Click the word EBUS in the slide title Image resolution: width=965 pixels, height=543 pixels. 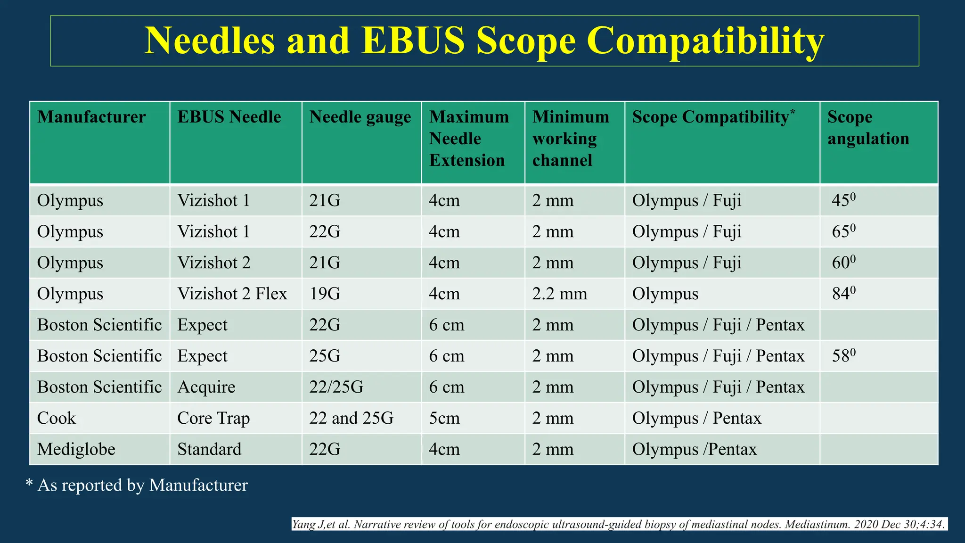[x=413, y=41]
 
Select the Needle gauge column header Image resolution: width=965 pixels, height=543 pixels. [x=360, y=117]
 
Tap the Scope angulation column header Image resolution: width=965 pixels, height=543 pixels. [x=868, y=128]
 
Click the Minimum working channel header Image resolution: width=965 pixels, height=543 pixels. [x=571, y=139]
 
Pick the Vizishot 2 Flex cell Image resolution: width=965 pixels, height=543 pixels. [x=232, y=294]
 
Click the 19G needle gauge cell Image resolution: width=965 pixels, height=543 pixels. [x=325, y=294]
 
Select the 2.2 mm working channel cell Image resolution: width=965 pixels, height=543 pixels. [x=560, y=294]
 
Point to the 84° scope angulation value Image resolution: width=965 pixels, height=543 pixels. [x=843, y=294]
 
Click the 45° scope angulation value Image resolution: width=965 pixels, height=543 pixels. [x=843, y=200]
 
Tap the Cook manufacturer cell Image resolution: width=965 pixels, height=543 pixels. [x=57, y=418]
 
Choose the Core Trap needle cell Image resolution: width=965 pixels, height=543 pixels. [x=213, y=418]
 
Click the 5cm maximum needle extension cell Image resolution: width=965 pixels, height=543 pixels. [x=444, y=418]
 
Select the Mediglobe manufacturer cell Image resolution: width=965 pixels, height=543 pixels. [x=76, y=449]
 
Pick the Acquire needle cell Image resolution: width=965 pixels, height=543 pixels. [x=206, y=387]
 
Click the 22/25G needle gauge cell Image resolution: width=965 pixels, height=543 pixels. [x=336, y=387]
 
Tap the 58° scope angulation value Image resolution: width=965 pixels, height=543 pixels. [x=843, y=356]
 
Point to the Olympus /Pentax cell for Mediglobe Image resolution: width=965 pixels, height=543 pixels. [x=694, y=449]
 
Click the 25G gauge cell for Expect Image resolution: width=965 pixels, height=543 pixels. [x=325, y=356]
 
